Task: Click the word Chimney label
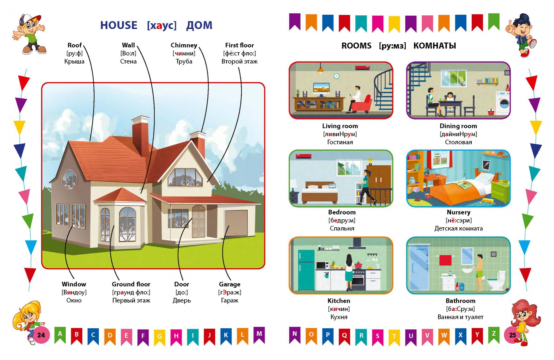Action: [184, 45]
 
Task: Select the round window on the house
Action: [70, 179]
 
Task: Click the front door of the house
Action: [199, 221]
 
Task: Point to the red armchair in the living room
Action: [361, 103]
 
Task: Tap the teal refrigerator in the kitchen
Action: [306, 270]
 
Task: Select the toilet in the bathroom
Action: [496, 281]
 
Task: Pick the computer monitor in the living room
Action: [321, 89]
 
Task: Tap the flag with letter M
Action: [259, 335]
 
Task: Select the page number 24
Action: [41, 335]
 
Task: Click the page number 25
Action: [512, 335]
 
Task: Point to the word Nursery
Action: [458, 212]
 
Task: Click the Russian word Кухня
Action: [338, 317]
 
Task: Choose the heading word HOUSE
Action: [119, 25]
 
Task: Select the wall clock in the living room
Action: [336, 76]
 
